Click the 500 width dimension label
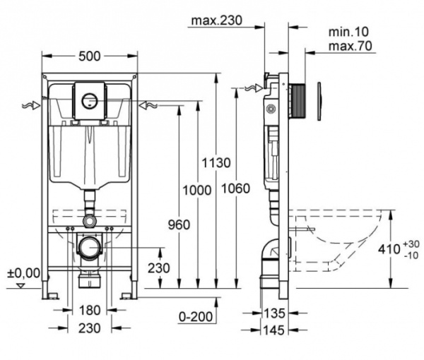click(90, 56)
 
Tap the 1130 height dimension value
click(216, 163)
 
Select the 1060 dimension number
click(235, 188)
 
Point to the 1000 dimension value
click(197, 191)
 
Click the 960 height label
click(179, 224)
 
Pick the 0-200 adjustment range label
click(196, 316)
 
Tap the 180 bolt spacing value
click(90, 311)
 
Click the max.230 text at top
click(217, 20)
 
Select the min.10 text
click(348, 32)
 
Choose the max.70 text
click(351, 46)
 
